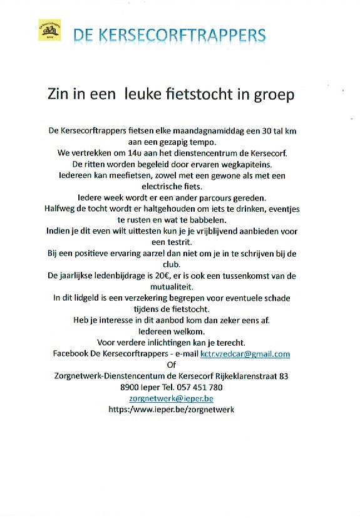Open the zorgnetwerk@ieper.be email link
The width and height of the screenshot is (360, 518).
click(171, 398)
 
